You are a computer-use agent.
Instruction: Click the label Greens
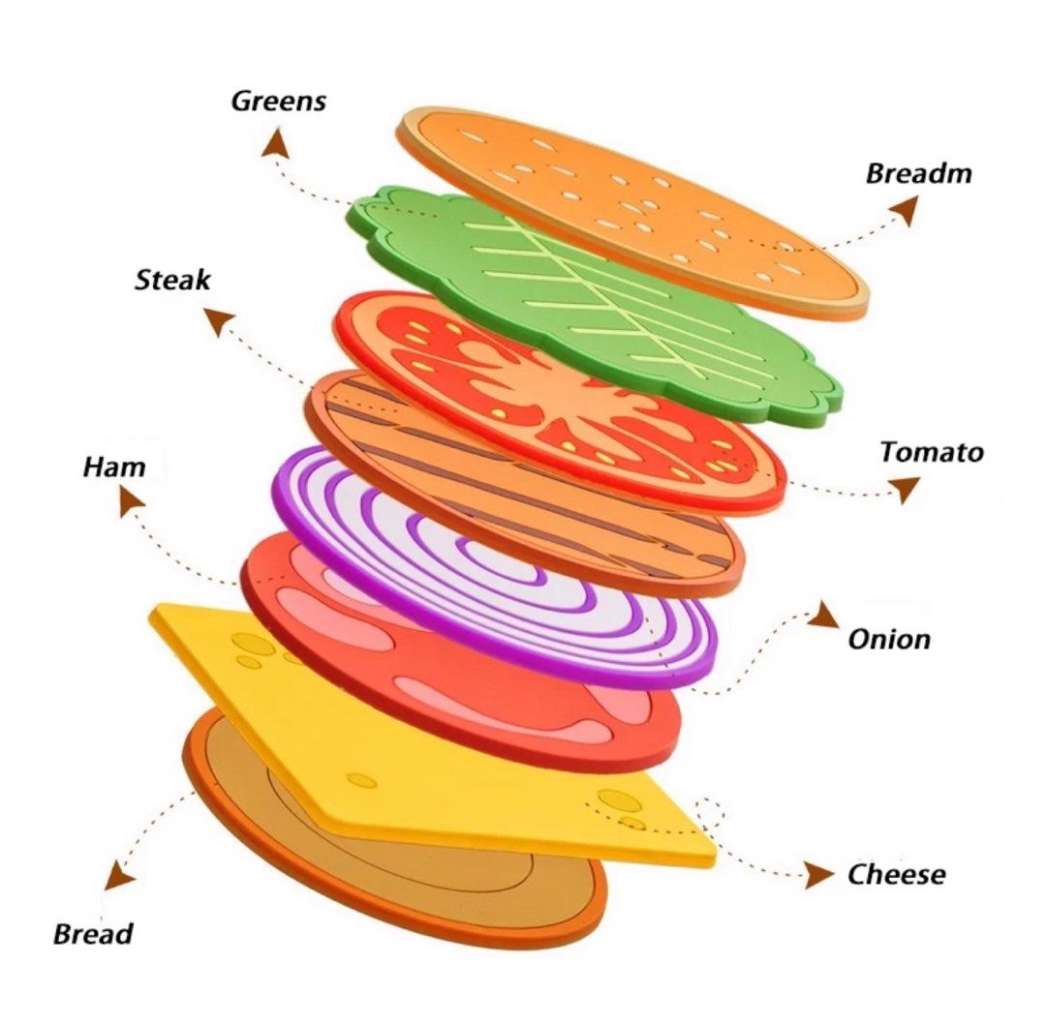[278, 101]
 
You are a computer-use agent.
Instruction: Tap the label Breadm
[918, 174]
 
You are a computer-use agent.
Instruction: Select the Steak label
[172, 281]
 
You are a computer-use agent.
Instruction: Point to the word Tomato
[932, 452]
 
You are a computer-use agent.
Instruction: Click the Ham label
[114, 468]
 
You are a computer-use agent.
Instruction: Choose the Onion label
[889, 639]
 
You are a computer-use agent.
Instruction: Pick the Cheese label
[896, 875]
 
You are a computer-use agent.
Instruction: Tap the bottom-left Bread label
[93, 935]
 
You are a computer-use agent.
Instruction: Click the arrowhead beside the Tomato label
[904, 488]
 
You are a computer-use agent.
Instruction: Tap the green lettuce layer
[620, 319]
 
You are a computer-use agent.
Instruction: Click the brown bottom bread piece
[416, 871]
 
